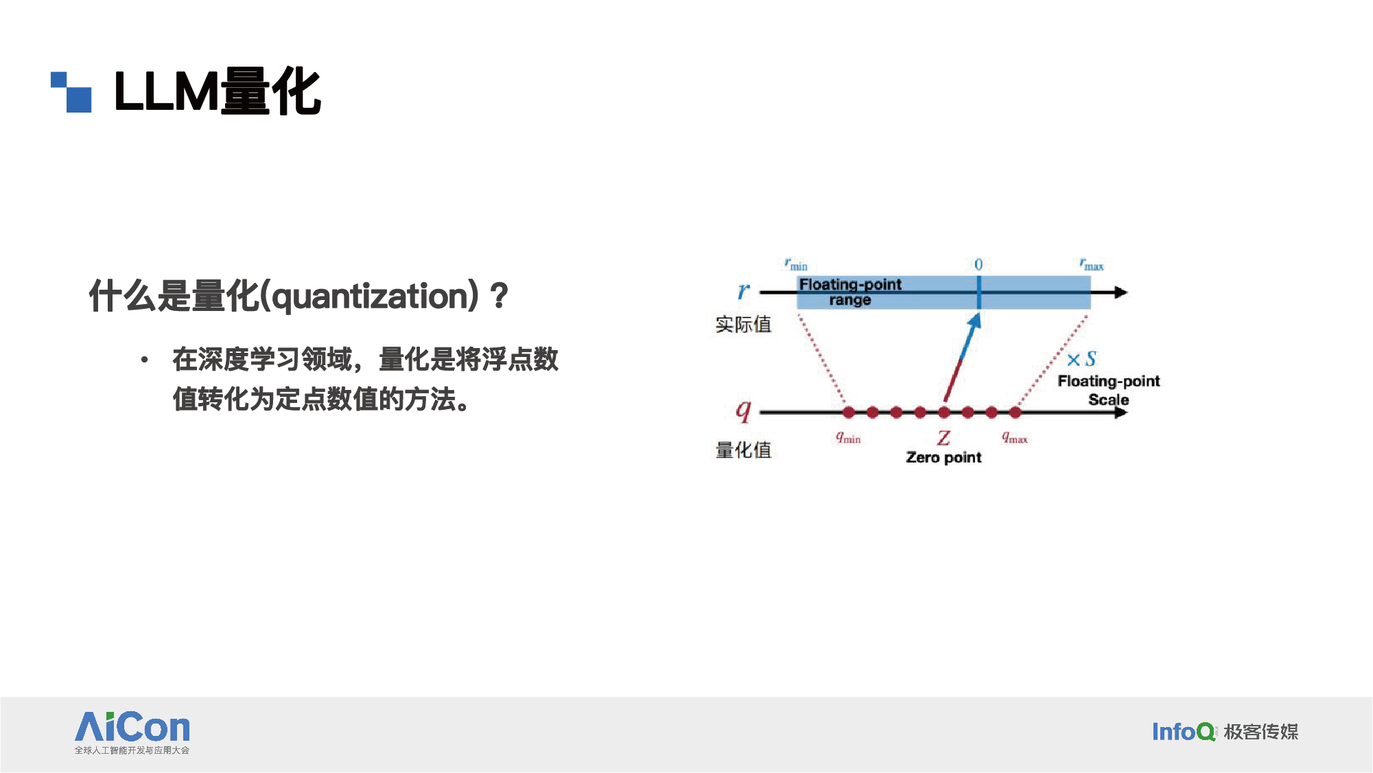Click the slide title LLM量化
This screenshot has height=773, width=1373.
pos(218,91)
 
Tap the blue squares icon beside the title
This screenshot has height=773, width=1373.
pos(71,92)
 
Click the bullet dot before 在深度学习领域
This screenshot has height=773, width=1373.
pos(144,360)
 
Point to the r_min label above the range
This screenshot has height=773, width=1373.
pos(796,264)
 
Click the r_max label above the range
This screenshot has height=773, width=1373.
pos(1091,264)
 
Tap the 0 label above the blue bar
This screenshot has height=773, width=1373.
pos(978,264)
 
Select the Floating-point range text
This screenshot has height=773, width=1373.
pos(850,292)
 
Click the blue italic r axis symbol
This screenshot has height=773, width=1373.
pos(743,292)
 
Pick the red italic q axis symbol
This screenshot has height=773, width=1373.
pos(743,411)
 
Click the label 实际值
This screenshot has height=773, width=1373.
pos(743,324)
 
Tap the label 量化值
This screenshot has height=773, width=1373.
pos(743,450)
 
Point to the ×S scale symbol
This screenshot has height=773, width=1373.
pos(1081,359)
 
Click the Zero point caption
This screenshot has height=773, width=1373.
pos(943,457)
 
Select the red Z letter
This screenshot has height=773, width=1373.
pos(944,437)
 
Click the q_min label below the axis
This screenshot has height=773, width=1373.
pos(848,437)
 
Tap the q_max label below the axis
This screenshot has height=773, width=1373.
pos(1015,437)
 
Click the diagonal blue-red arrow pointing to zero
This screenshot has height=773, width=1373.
pos(962,357)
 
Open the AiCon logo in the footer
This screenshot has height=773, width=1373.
pos(132,732)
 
